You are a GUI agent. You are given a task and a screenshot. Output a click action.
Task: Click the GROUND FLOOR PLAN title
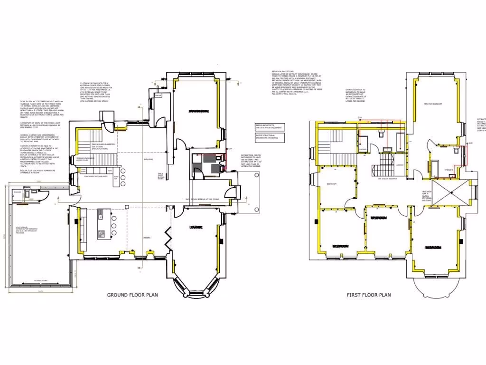click(132, 295)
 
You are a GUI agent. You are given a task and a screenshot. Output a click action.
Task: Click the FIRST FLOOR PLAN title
click(369, 295)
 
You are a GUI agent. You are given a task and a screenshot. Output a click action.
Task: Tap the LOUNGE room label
click(196, 227)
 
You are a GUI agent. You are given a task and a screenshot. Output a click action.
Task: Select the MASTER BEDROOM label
click(433, 104)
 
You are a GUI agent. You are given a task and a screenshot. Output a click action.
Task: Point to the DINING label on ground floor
click(147, 237)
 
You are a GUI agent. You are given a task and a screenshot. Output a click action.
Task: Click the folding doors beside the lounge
click(168, 236)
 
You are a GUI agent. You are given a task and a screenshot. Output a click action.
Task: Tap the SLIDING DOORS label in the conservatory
click(40, 281)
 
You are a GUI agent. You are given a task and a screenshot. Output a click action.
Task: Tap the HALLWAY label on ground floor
click(150, 159)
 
